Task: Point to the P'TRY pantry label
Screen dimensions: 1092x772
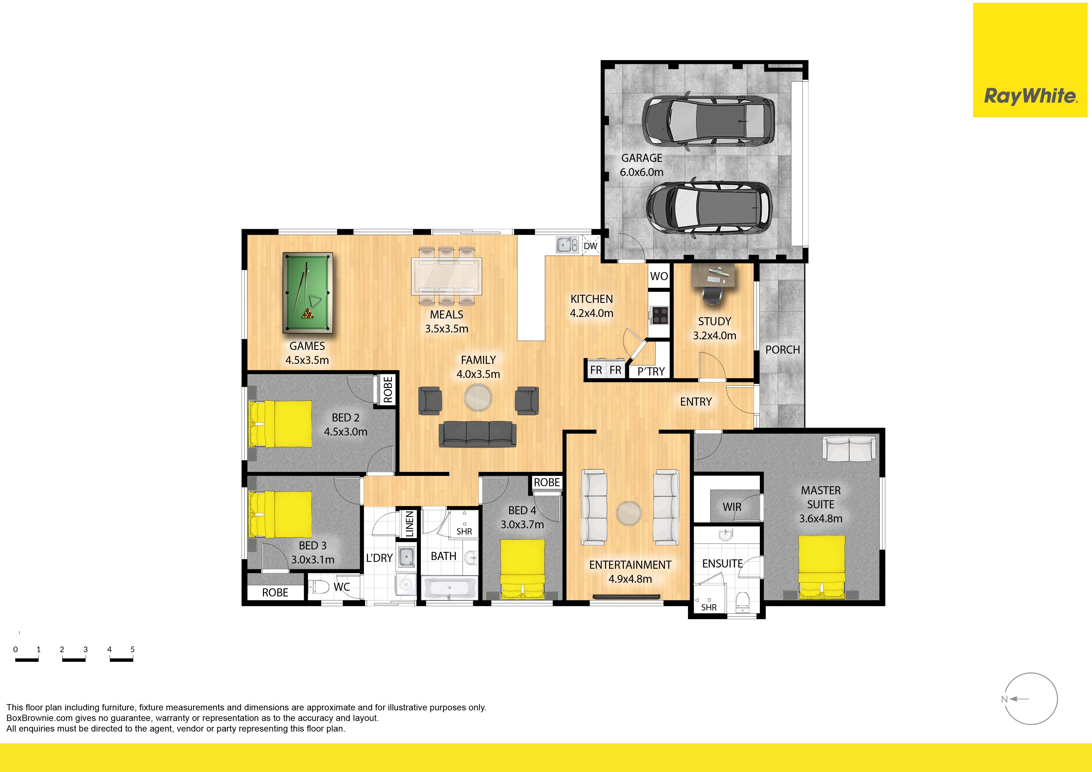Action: (651, 371)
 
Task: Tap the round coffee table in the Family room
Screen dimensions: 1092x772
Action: (478, 397)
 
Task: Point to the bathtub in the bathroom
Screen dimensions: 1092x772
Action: (450, 588)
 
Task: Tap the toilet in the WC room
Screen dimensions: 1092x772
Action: (320, 587)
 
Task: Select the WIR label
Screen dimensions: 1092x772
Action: (732, 507)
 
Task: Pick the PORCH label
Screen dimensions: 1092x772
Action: (782, 350)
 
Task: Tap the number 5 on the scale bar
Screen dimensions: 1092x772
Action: (132, 649)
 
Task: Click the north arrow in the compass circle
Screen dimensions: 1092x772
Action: (1020, 699)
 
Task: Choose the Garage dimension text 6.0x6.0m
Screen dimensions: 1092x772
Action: (642, 172)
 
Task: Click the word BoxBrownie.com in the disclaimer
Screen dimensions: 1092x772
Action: (40, 718)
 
